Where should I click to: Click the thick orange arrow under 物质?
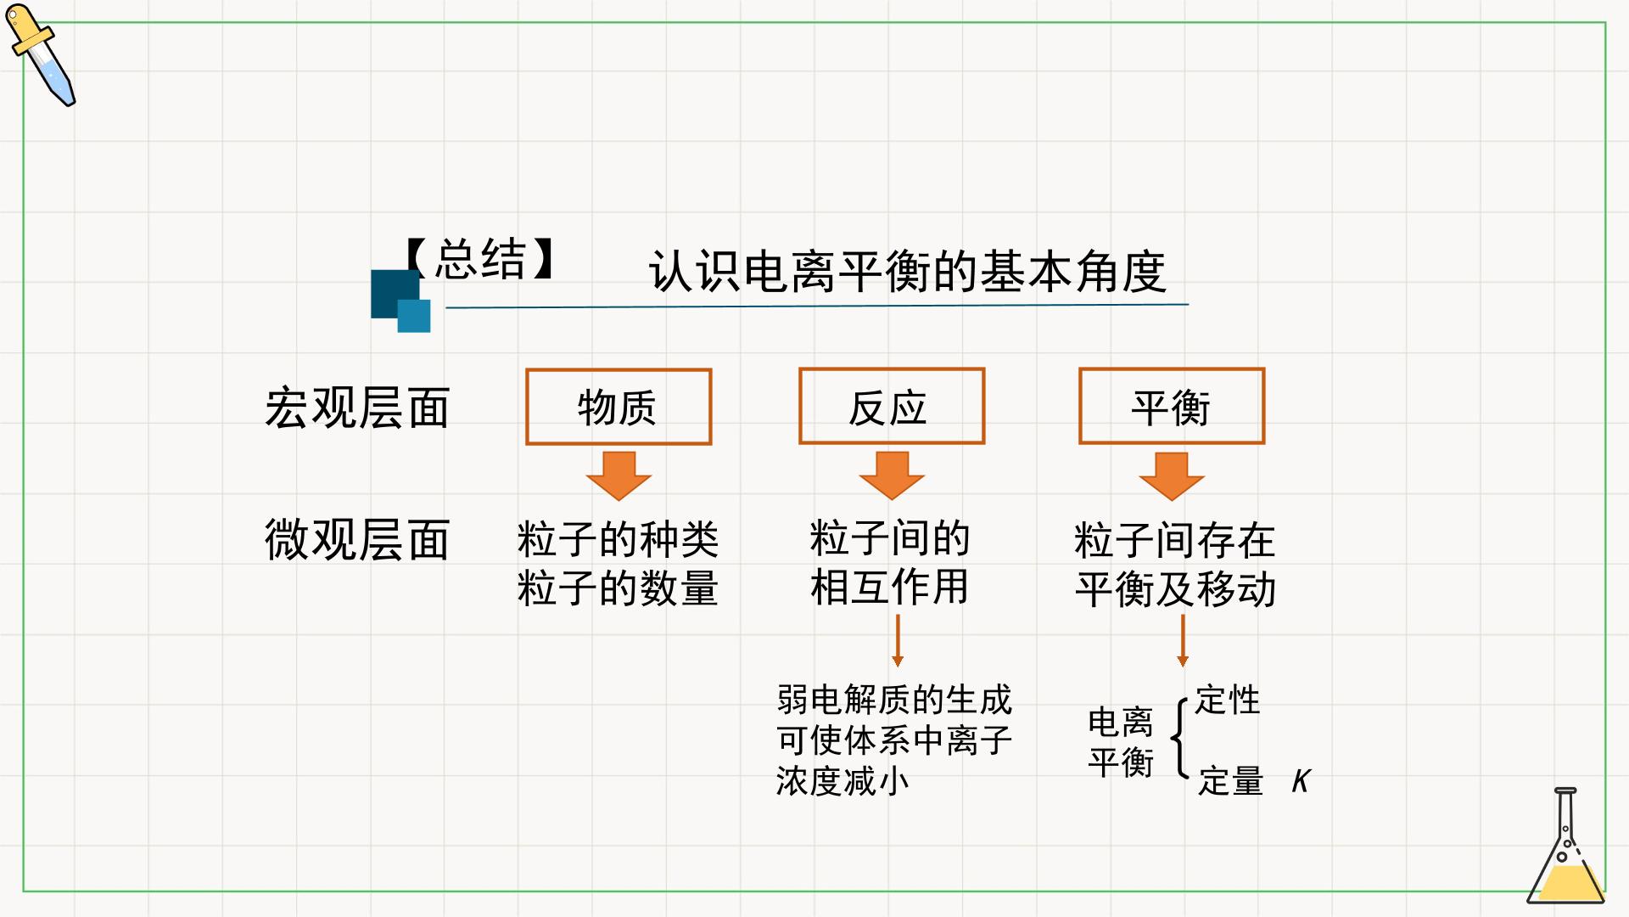click(619, 476)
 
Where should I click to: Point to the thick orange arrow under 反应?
click(892, 475)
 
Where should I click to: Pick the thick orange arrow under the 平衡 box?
click(1172, 476)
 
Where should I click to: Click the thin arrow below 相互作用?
click(898, 641)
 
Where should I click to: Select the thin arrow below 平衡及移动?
click(1183, 641)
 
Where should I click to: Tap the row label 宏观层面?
click(356, 408)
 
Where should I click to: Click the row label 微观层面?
click(356, 539)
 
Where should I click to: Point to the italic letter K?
click(1302, 781)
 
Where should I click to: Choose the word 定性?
click(1228, 700)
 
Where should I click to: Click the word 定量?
click(1231, 781)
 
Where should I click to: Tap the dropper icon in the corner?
click(41, 54)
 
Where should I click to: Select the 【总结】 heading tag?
click(480, 259)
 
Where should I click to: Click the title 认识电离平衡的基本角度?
click(907, 272)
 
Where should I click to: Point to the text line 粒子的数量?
click(618, 588)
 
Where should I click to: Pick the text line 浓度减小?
click(842, 781)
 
